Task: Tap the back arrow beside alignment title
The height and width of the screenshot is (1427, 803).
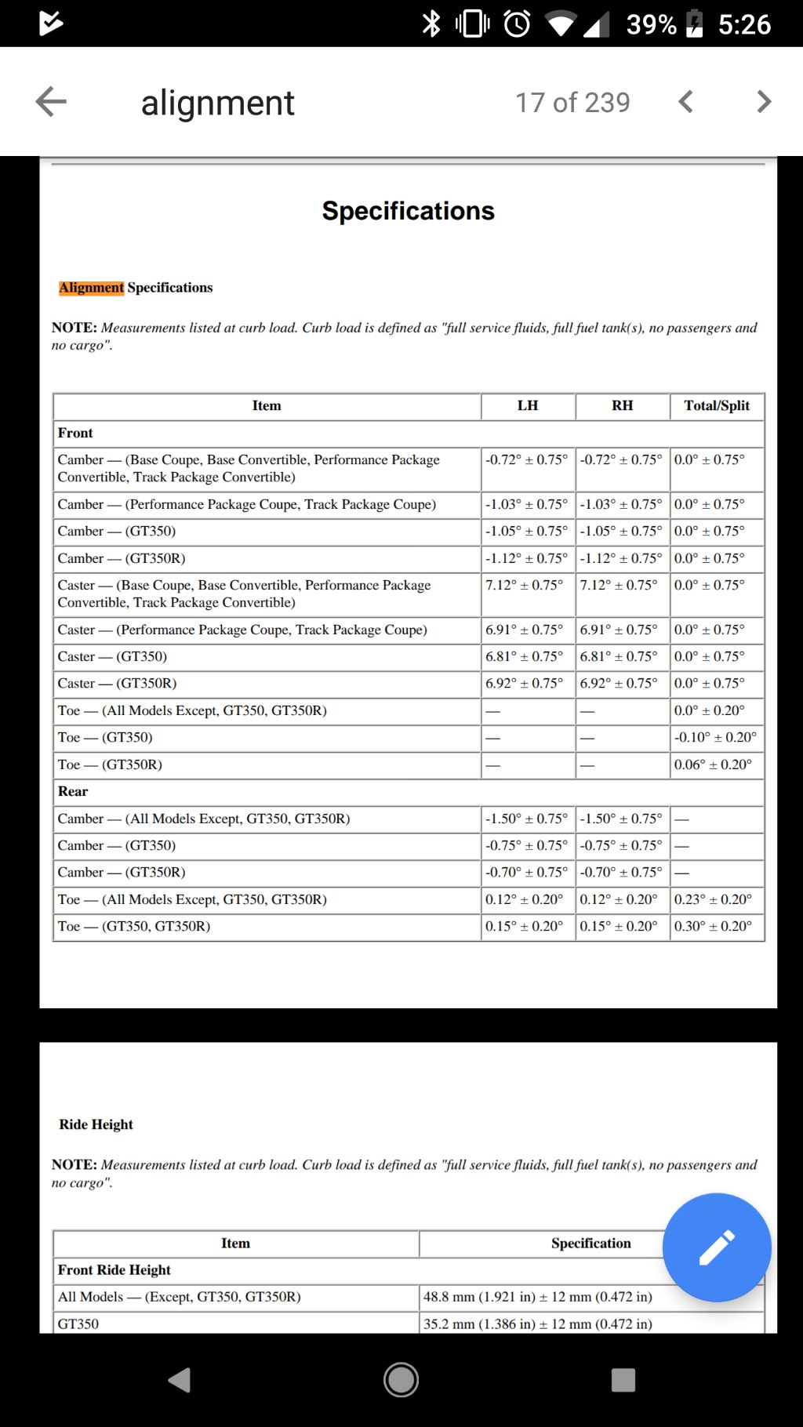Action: tap(51, 102)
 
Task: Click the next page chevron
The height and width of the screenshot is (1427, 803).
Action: tap(764, 102)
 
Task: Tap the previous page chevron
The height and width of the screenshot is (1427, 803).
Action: tap(686, 102)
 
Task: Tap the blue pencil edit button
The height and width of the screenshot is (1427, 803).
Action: tap(717, 1247)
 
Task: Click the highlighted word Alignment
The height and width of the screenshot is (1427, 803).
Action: tap(91, 288)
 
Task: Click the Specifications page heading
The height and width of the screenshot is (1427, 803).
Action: tap(408, 211)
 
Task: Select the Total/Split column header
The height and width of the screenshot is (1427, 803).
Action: tap(717, 405)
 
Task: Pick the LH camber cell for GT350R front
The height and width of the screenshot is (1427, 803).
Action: tap(526, 558)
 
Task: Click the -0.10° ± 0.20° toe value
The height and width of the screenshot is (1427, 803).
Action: tap(715, 737)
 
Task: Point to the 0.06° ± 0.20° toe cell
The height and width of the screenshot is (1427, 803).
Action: tap(713, 764)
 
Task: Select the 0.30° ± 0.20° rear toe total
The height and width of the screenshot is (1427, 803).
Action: tap(713, 926)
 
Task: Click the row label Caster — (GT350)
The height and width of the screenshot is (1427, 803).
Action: tap(112, 656)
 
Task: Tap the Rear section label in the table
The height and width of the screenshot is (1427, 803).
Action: tap(73, 791)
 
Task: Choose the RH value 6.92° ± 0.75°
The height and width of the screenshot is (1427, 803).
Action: tap(619, 683)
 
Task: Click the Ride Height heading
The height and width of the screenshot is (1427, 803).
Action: tap(96, 1124)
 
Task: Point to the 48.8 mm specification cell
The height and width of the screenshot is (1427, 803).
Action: tap(538, 1297)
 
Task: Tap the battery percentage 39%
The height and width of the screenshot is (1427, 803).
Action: tap(651, 24)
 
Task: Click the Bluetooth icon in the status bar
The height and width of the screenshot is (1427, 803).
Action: tap(431, 24)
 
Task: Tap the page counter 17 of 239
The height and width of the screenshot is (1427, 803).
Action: tap(572, 102)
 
